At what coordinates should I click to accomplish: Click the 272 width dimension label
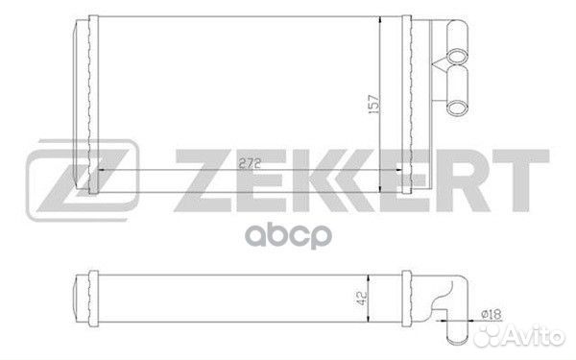click(250, 163)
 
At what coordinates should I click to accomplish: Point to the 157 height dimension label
click(373, 104)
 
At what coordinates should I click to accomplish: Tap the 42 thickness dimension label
click(362, 299)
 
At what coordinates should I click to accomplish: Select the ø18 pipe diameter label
click(491, 314)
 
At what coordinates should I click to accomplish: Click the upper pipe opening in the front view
click(457, 56)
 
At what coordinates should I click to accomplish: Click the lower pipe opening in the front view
click(457, 108)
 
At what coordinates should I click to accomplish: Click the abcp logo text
click(288, 236)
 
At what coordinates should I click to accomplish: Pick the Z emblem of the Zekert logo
click(83, 180)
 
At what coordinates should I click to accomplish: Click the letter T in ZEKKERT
click(521, 180)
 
